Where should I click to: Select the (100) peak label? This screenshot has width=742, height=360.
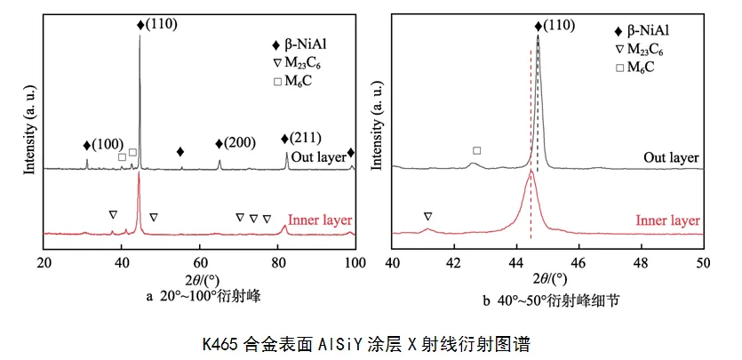[103, 144]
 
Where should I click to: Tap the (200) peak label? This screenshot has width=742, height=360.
[237, 144]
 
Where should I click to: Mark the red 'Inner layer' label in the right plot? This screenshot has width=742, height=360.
[667, 220]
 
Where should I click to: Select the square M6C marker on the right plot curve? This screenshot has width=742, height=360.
[477, 151]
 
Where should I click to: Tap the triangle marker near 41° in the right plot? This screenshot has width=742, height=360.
[427, 216]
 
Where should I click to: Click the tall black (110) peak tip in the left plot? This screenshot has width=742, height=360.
[140, 36]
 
